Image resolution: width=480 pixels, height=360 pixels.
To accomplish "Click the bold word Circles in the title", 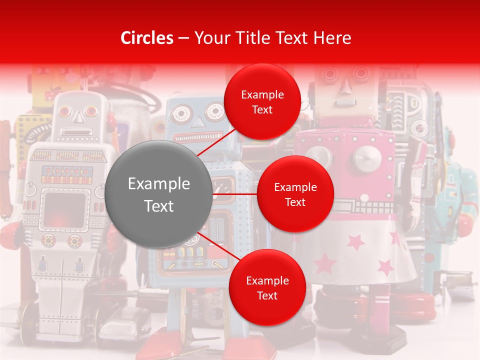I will coord(147,38).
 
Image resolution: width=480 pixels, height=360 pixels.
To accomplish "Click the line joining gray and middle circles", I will coord(235,193).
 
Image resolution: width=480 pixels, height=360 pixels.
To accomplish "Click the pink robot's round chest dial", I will coord(368,159).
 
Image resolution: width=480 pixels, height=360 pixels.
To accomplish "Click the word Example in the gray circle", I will coord(159,184).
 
